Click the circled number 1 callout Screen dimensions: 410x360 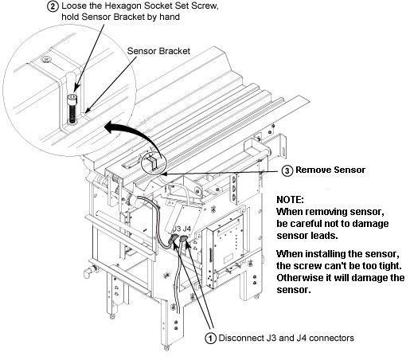click(x=211, y=338)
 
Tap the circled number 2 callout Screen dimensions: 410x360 click(x=53, y=6)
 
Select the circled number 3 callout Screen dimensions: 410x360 click(x=287, y=170)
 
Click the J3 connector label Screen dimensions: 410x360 click(x=177, y=229)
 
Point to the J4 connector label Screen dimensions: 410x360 click(x=187, y=229)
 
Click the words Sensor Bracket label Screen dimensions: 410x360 click(x=158, y=51)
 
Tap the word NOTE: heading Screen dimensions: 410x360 click(x=290, y=200)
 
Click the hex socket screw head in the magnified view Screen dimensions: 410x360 click(x=72, y=96)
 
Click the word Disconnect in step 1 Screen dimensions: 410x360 click(x=241, y=338)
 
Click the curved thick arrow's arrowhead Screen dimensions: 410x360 click(x=109, y=127)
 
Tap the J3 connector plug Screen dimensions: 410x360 click(x=174, y=237)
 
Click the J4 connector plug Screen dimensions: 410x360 click(x=183, y=238)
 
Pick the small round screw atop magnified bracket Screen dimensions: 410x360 click(x=47, y=59)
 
